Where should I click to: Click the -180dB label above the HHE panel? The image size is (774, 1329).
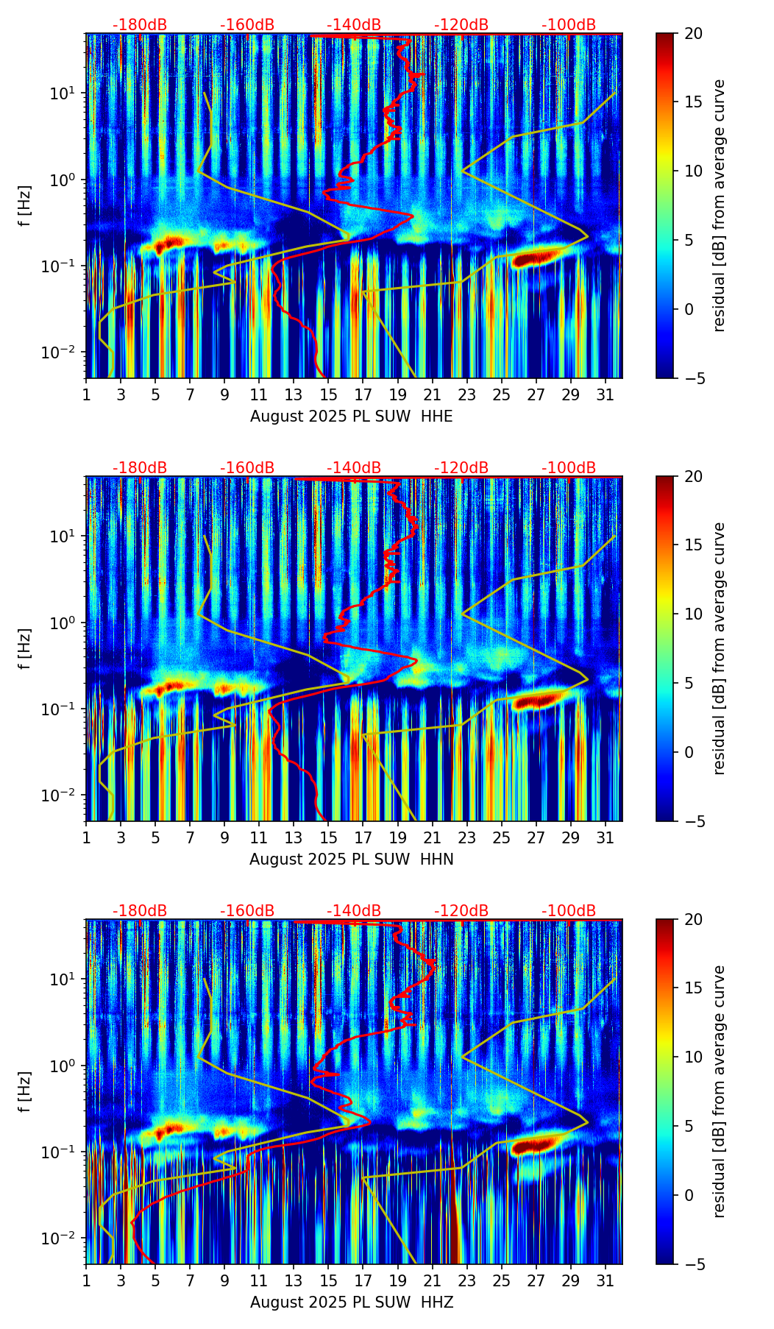[x=140, y=25]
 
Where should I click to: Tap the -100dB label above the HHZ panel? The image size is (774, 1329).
[x=569, y=911]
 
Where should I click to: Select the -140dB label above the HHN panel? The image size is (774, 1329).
[x=354, y=468]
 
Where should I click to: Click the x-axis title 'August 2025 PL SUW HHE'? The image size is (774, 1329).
[x=352, y=417]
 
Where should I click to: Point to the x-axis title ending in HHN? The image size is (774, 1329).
[x=352, y=860]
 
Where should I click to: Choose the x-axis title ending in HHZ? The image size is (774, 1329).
[x=352, y=1303]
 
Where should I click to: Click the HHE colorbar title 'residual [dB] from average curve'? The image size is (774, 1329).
[x=720, y=205]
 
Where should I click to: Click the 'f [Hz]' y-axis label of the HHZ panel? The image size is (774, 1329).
[x=26, y=1091]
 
